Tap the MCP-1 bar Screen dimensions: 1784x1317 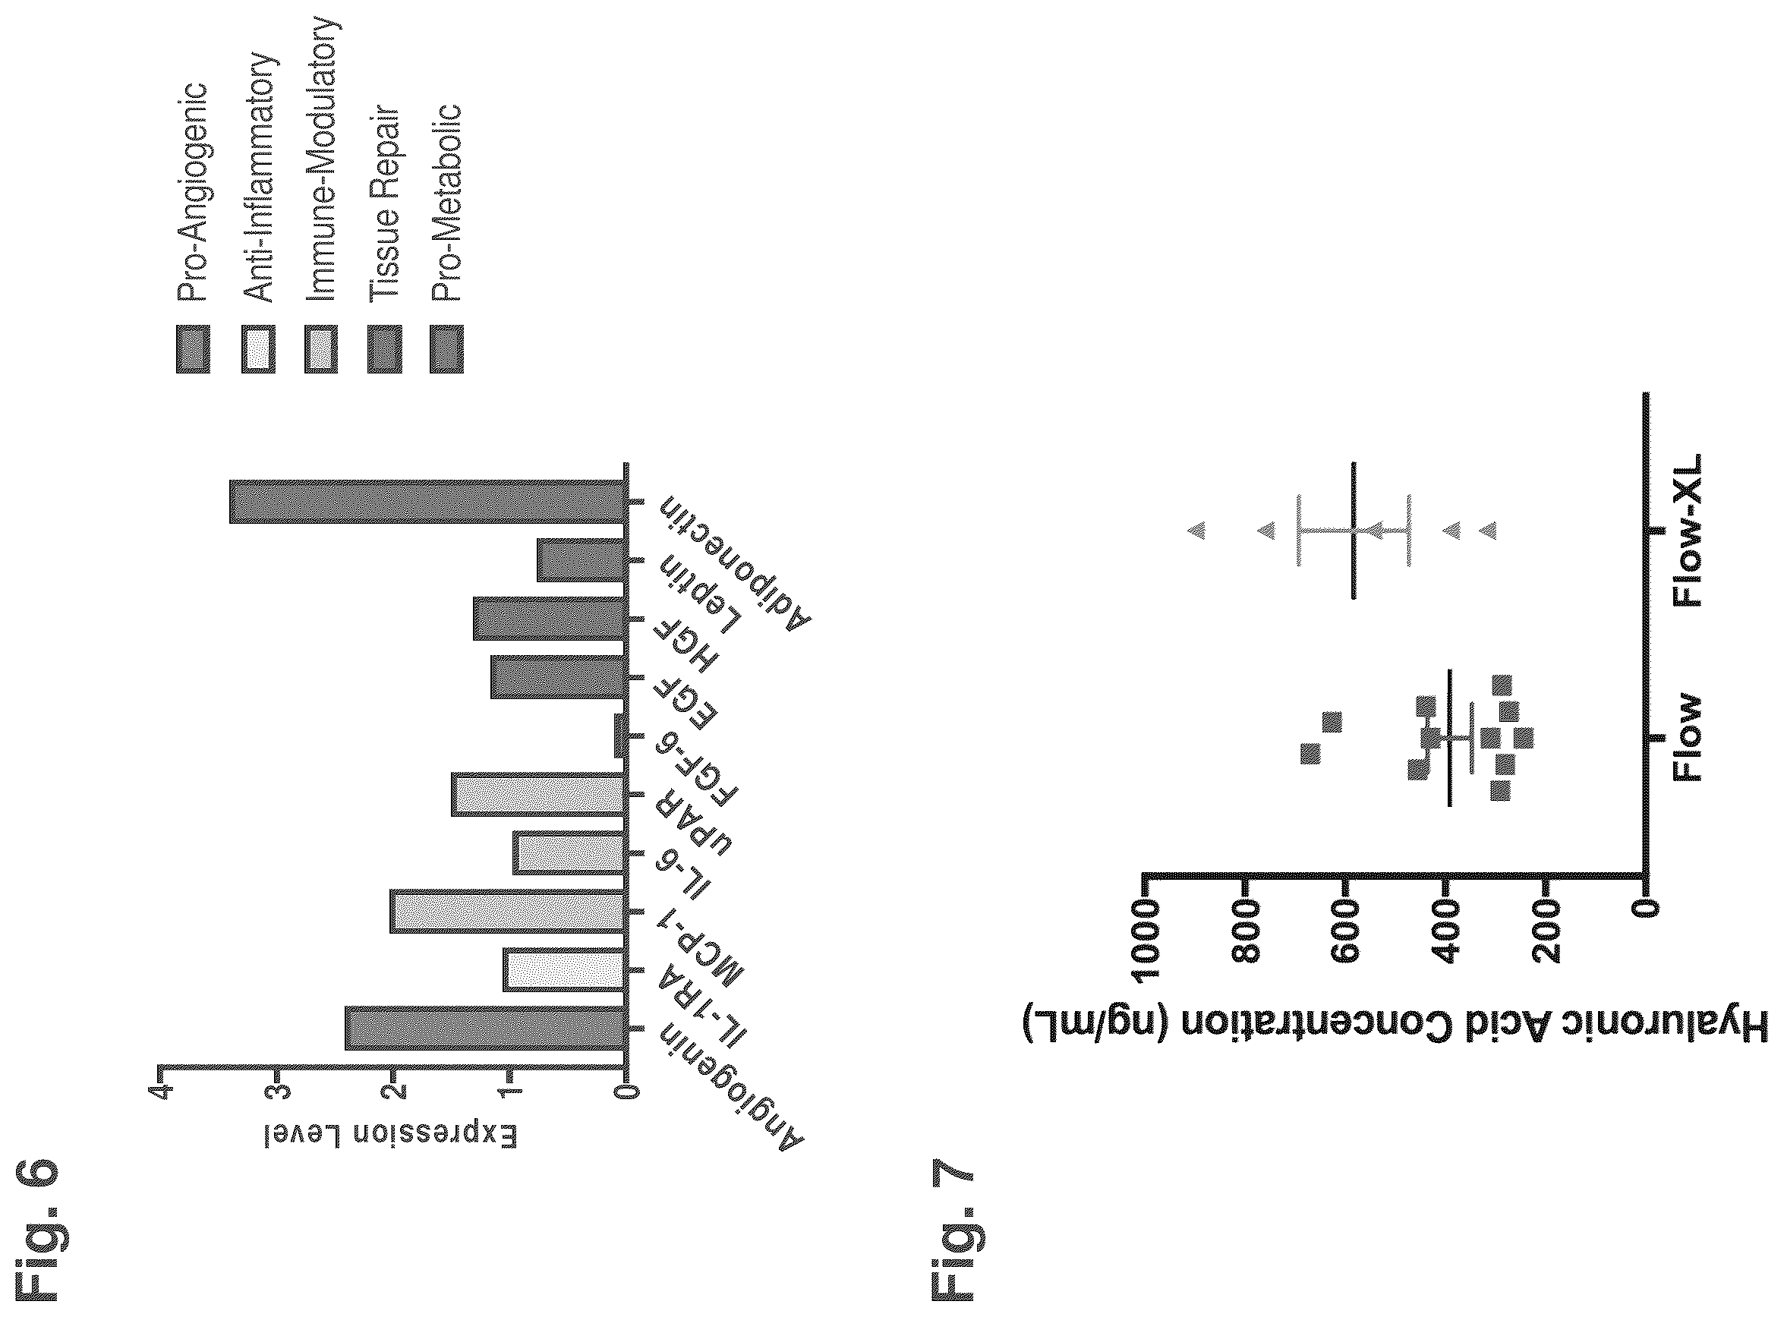tap(507, 911)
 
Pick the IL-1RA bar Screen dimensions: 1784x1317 tap(563, 969)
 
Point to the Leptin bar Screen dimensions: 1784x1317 tap(580, 560)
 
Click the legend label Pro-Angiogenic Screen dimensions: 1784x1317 tap(192, 191)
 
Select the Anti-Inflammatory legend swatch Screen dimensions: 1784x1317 tap(258, 349)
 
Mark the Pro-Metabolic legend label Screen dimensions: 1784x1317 tap(446, 202)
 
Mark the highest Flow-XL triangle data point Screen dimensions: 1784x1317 tap(1196, 529)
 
